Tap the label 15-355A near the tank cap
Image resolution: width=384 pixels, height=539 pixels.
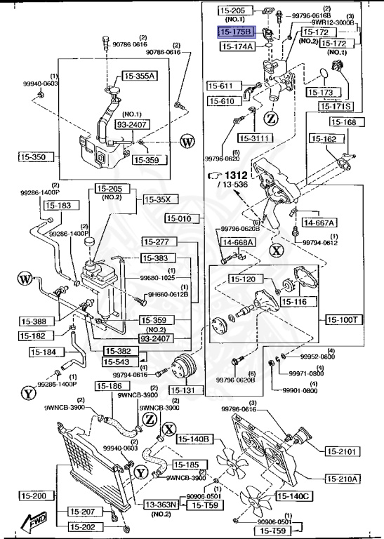tap(140, 76)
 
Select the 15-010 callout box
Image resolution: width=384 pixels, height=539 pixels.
tap(180, 219)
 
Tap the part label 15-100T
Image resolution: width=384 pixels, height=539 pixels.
tap(343, 319)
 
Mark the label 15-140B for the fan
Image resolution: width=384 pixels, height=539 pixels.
tap(194, 439)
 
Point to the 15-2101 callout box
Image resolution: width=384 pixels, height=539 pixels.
tap(343, 451)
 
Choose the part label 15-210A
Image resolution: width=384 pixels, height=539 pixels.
tap(343, 479)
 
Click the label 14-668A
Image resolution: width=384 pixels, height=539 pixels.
tap(238, 242)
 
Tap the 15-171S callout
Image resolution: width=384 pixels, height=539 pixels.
tap(336, 106)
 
